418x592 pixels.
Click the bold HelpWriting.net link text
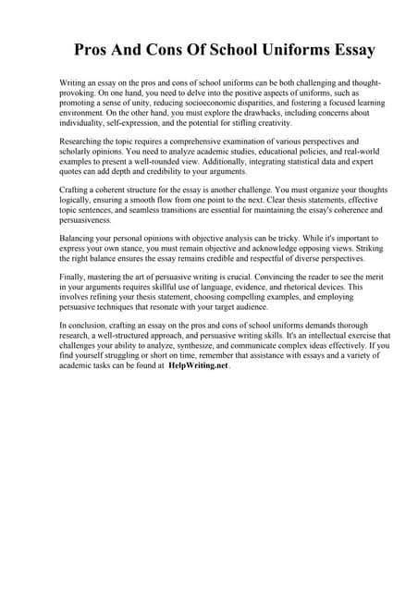coord(198,365)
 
